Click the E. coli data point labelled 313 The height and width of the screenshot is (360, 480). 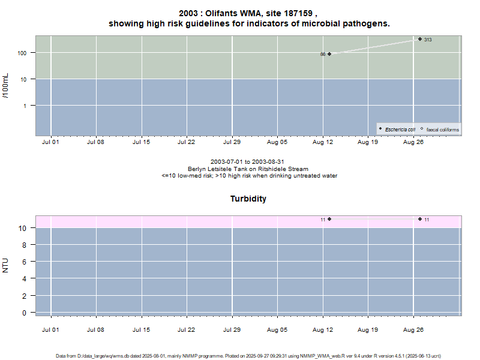coord(420,39)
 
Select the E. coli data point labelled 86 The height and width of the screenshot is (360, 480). coord(329,54)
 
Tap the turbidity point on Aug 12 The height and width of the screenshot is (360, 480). coord(329,219)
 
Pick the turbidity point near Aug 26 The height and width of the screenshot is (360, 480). coord(420,219)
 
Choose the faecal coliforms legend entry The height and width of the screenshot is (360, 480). coord(442,129)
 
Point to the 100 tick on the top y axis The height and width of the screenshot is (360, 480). coord(23,53)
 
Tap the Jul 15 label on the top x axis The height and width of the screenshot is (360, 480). coord(141,143)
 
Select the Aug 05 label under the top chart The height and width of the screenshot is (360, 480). coord(277,143)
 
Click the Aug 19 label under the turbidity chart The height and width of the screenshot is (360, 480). coord(368,329)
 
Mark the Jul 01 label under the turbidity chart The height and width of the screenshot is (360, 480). coord(50,329)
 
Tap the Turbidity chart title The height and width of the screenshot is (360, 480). coord(248,199)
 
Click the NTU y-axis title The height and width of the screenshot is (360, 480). coord(6,265)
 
